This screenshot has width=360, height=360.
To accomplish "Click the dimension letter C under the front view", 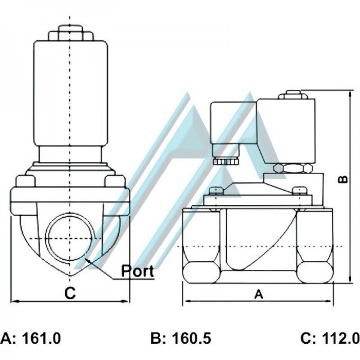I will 70,293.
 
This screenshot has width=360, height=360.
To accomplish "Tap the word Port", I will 138,271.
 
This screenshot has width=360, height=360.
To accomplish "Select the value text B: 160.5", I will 181,338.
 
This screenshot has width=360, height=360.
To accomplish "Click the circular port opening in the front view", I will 70,236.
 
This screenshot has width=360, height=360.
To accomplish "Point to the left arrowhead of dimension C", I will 14,301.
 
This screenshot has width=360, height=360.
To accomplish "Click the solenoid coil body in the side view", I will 285,129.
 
